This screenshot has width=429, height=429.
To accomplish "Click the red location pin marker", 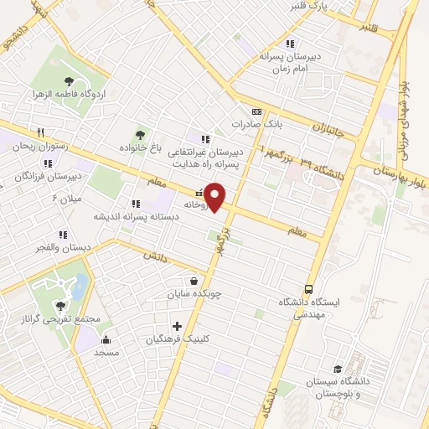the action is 216,197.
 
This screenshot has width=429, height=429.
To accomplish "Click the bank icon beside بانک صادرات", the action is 256,111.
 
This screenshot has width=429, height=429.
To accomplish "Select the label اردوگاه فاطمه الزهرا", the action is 59,93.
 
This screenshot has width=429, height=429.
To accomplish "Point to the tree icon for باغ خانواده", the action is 139,135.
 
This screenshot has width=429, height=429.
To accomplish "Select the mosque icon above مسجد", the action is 106,339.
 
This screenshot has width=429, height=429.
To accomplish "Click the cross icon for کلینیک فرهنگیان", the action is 177,326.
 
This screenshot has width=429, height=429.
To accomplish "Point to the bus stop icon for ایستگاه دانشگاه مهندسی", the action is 309,288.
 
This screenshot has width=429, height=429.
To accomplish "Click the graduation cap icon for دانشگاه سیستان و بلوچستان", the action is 338,369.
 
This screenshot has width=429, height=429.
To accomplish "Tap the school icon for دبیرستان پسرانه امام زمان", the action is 290,44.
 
